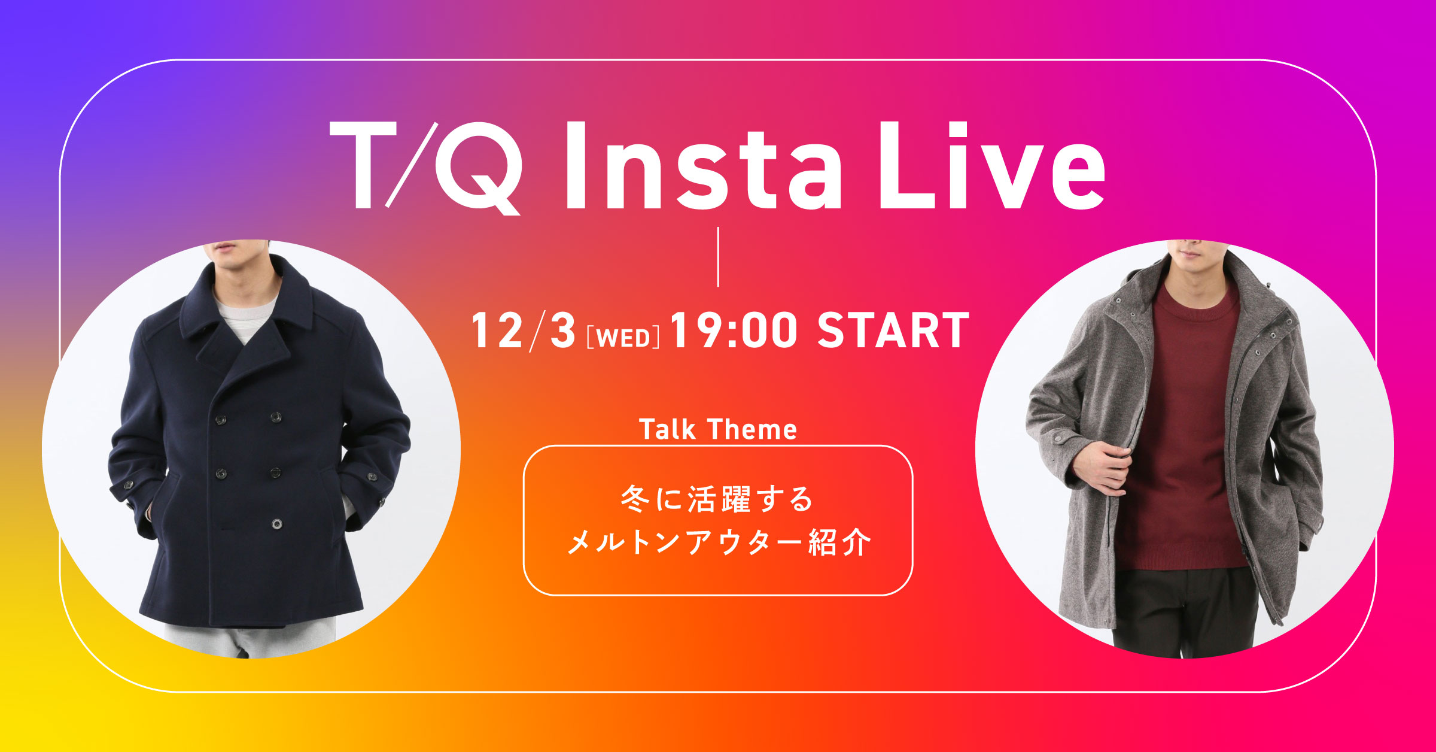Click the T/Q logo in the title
pos(425,166)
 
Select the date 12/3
pos(524,330)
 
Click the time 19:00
pos(734,330)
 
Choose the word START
pos(893,330)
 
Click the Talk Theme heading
pos(718,429)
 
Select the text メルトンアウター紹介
pos(718,543)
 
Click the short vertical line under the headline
pos(717,256)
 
